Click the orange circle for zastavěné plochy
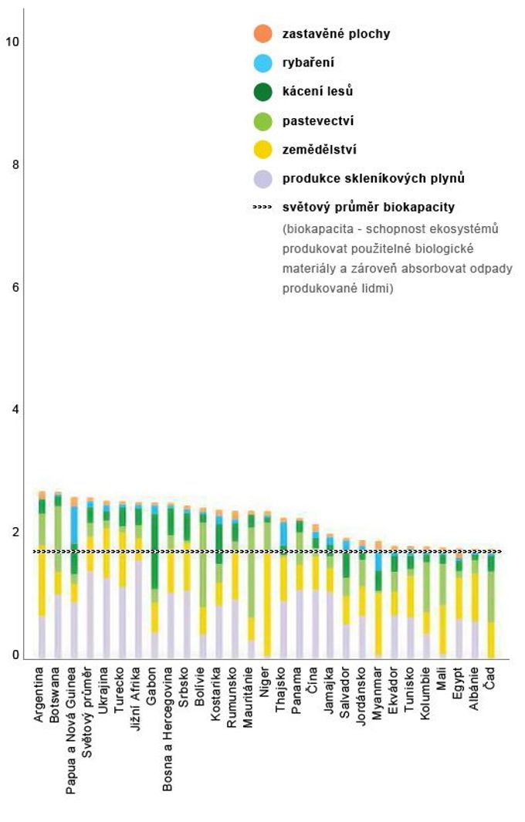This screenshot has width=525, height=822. (x=262, y=33)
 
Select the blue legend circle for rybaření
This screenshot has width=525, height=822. (x=262, y=63)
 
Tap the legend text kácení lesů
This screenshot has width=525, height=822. (x=317, y=91)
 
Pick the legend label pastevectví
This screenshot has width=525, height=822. (x=318, y=121)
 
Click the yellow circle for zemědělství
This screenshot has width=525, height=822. (x=262, y=150)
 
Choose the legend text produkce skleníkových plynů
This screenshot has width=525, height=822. (x=374, y=178)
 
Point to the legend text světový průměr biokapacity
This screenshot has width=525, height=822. (x=368, y=207)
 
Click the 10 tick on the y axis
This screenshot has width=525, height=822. (x=12, y=42)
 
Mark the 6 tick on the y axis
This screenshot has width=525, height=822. (x=15, y=287)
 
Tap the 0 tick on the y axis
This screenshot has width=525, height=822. (x=15, y=655)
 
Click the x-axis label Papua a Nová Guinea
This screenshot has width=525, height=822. (x=71, y=730)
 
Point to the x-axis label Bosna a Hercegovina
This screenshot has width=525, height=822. (x=168, y=729)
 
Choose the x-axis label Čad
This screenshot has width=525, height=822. (x=489, y=678)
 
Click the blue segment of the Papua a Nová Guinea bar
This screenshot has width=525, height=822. (x=74, y=526)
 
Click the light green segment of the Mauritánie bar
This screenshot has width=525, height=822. (x=251, y=572)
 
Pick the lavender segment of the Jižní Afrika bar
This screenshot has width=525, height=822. (x=138, y=609)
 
